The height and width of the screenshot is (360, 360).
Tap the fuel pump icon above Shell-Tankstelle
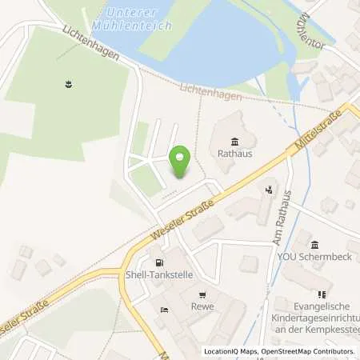pyautogui.click(x=160, y=263)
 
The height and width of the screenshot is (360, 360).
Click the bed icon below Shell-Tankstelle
pyautogui.click(x=163, y=310)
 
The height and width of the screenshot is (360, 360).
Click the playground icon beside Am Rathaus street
pyautogui.click(x=270, y=190)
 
